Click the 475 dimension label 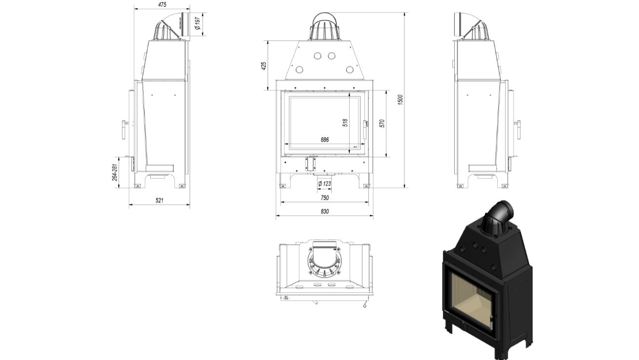pyautogui.click(x=162, y=4)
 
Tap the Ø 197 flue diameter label pyautogui.click(x=197, y=23)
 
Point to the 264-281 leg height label pyautogui.click(x=115, y=172)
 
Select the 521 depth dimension pyautogui.click(x=160, y=200)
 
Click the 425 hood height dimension pyautogui.click(x=264, y=66)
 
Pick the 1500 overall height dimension pyautogui.click(x=400, y=100)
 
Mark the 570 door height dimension pyautogui.click(x=382, y=123)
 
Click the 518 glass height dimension pyautogui.click(x=345, y=122)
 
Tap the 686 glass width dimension pyautogui.click(x=324, y=139)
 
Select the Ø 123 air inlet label pyautogui.click(x=324, y=183)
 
